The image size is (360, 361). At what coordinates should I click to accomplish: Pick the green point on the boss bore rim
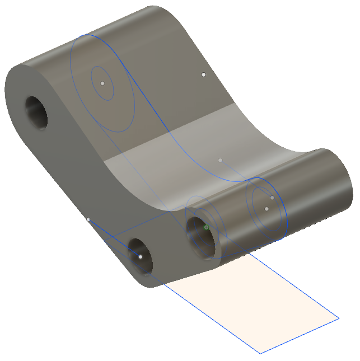tap(207, 227)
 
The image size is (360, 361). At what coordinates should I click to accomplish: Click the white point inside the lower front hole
tap(141, 257)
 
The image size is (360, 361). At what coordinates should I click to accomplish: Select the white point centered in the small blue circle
tap(102, 83)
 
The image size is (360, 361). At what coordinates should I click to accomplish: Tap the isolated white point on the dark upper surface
tap(204, 74)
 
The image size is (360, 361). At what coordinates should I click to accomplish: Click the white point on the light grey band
tap(221, 161)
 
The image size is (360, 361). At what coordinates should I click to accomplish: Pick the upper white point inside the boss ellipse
tap(272, 198)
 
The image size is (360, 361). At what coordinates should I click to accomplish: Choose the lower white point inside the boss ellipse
tap(267, 209)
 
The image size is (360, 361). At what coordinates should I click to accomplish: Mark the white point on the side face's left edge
tap(88, 219)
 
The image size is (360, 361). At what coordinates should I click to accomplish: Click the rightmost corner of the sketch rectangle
tap(339, 318)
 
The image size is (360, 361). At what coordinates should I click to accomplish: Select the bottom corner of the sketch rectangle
tap(259, 353)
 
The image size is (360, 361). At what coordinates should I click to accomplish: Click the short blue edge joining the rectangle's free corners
tap(300, 336)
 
